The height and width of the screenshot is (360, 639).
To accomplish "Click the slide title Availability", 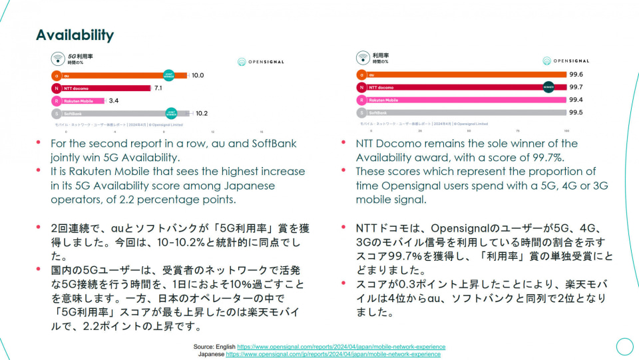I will tap(75, 35).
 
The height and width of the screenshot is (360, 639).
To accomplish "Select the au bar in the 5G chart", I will tap(113, 76).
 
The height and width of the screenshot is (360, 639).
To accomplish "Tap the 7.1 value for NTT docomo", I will tap(158, 88).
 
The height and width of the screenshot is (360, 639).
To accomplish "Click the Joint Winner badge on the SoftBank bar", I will tap(171, 113).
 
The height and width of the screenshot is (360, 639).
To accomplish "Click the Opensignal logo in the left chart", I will tap(261, 62).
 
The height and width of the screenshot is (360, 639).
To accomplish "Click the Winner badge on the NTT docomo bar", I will tap(548, 87).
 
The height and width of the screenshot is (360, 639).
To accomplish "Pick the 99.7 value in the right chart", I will tap(576, 87).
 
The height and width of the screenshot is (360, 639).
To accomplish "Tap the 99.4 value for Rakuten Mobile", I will tap(576, 100).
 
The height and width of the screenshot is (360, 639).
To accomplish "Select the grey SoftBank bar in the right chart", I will tap(466, 112).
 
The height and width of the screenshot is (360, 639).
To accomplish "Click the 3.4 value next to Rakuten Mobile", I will tap(114, 100).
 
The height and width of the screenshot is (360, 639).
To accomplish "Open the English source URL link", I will tap(341, 347).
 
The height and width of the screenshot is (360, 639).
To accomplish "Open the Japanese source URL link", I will tap(333, 355).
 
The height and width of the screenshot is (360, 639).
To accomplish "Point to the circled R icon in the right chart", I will tap(361, 100).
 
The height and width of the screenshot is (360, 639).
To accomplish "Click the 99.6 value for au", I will tap(576, 75).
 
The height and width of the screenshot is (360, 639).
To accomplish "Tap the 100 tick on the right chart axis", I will tap(566, 131).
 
